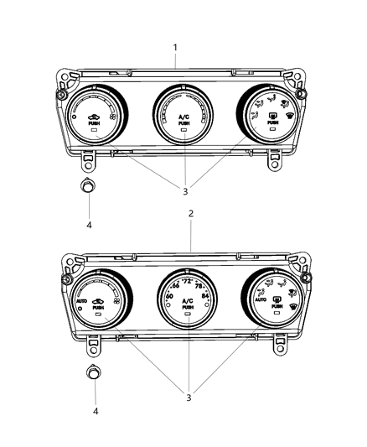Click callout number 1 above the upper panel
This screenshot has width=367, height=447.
(176, 47)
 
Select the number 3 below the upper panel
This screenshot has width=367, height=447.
(184, 191)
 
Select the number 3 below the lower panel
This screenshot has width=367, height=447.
(189, 397)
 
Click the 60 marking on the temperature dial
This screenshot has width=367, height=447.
(170, 298)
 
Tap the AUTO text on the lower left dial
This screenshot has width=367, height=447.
(81, 301)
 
